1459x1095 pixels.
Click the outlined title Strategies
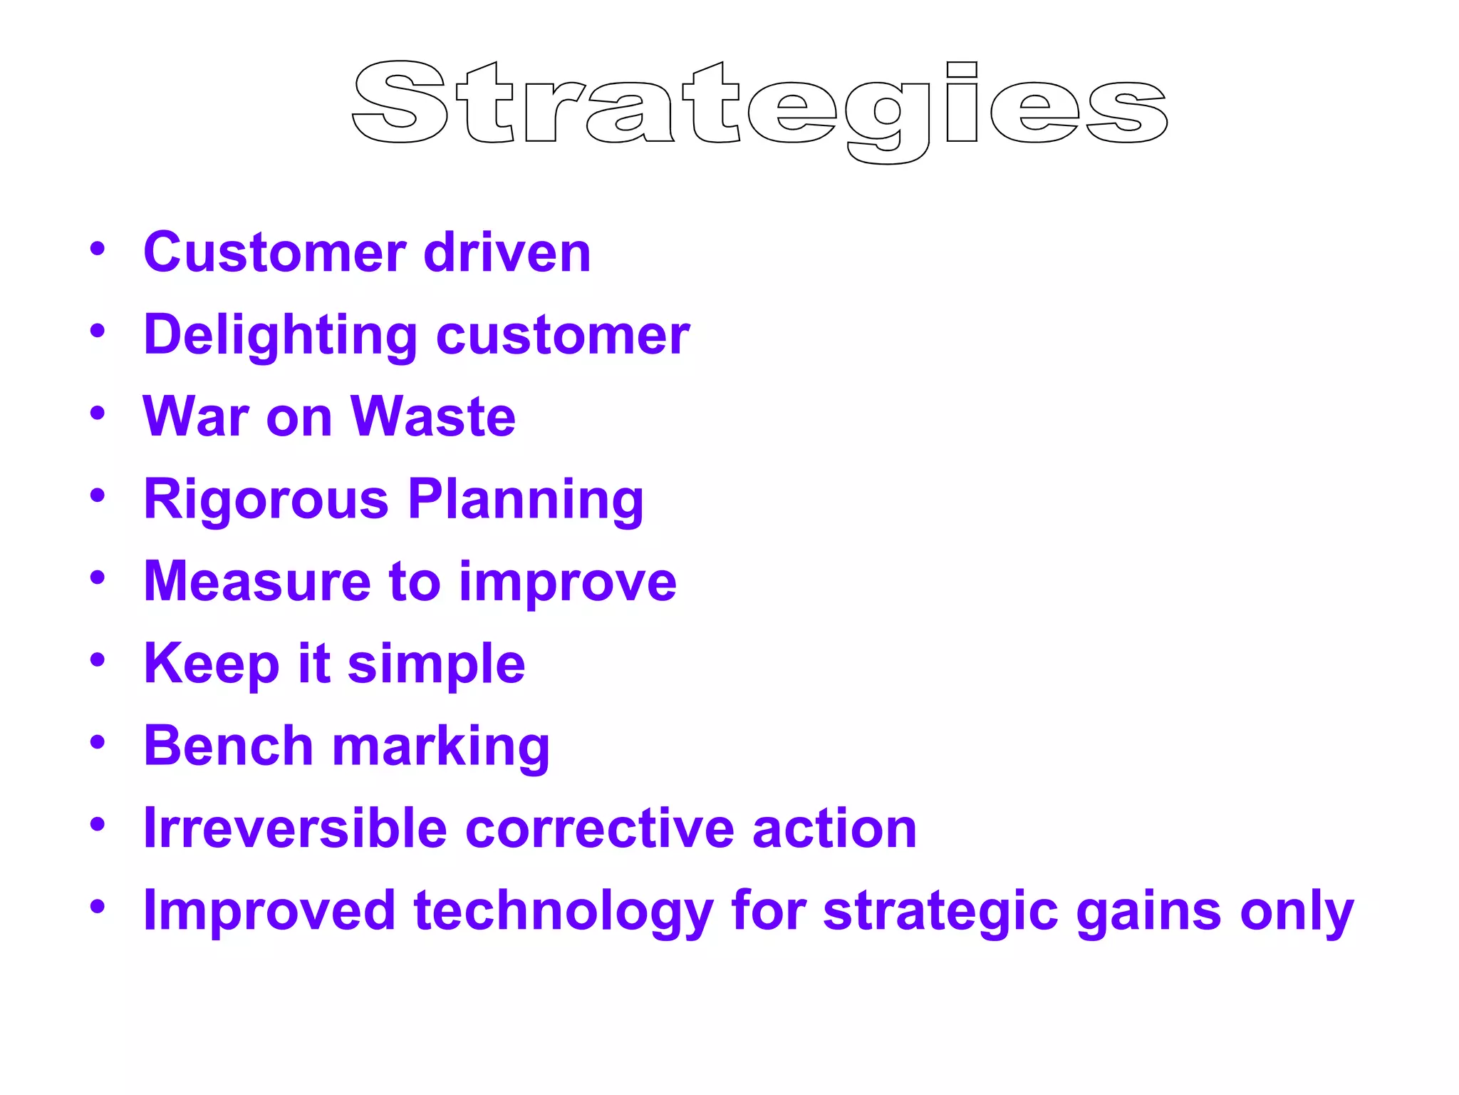pyautogui.click(x=759, y=107)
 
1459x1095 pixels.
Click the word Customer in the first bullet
pyautogui.click(x=275, y=252)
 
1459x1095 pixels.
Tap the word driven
pyautogui.click(x=507, y=252)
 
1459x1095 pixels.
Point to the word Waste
pyautogui.click(x=433, y=417)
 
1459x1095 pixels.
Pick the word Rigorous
pyautogui.click(x=266, y=499)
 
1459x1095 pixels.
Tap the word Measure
pyautogui.click(x=257, y=582)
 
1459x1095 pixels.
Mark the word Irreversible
pyautogui.click(x=295, y=828)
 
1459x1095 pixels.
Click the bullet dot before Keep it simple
pyautogui.click(x=98, y=659)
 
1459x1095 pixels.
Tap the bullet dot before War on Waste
pyautogui.click(x=98, y=413)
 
